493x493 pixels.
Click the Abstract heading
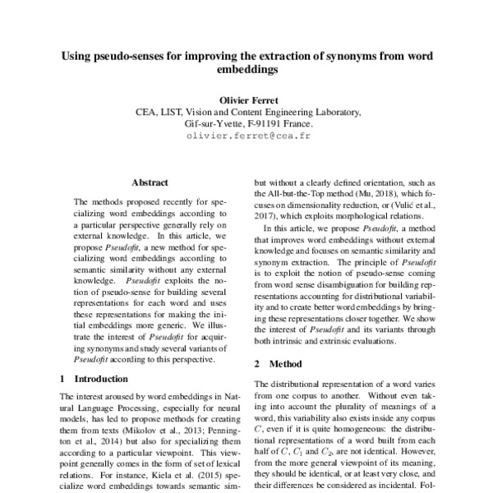(x=150, y=182)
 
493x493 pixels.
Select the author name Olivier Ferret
(x=247, y=99)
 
